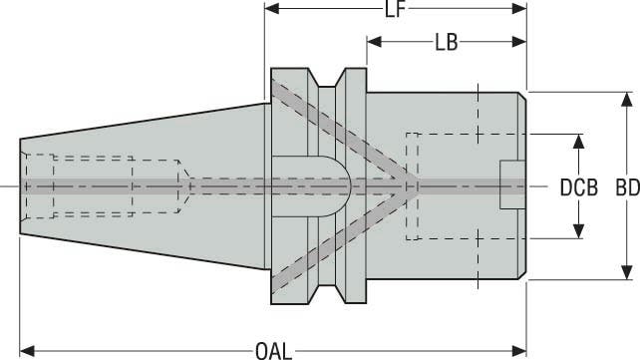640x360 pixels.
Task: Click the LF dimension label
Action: pos(395,10)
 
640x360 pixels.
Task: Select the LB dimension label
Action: pos(447,42)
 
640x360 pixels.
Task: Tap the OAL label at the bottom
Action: pos(274,351)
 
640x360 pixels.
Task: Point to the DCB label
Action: pos(579,187)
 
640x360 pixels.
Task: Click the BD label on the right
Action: pos(628,187)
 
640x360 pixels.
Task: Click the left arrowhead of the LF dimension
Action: pos(272,8)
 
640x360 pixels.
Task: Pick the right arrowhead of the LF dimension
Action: pos(519,8)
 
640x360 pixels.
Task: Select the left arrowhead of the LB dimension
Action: pos(374,41)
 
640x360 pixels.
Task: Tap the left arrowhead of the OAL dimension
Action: pos(27,351)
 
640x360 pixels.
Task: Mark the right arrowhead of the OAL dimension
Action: pos(519,351)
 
